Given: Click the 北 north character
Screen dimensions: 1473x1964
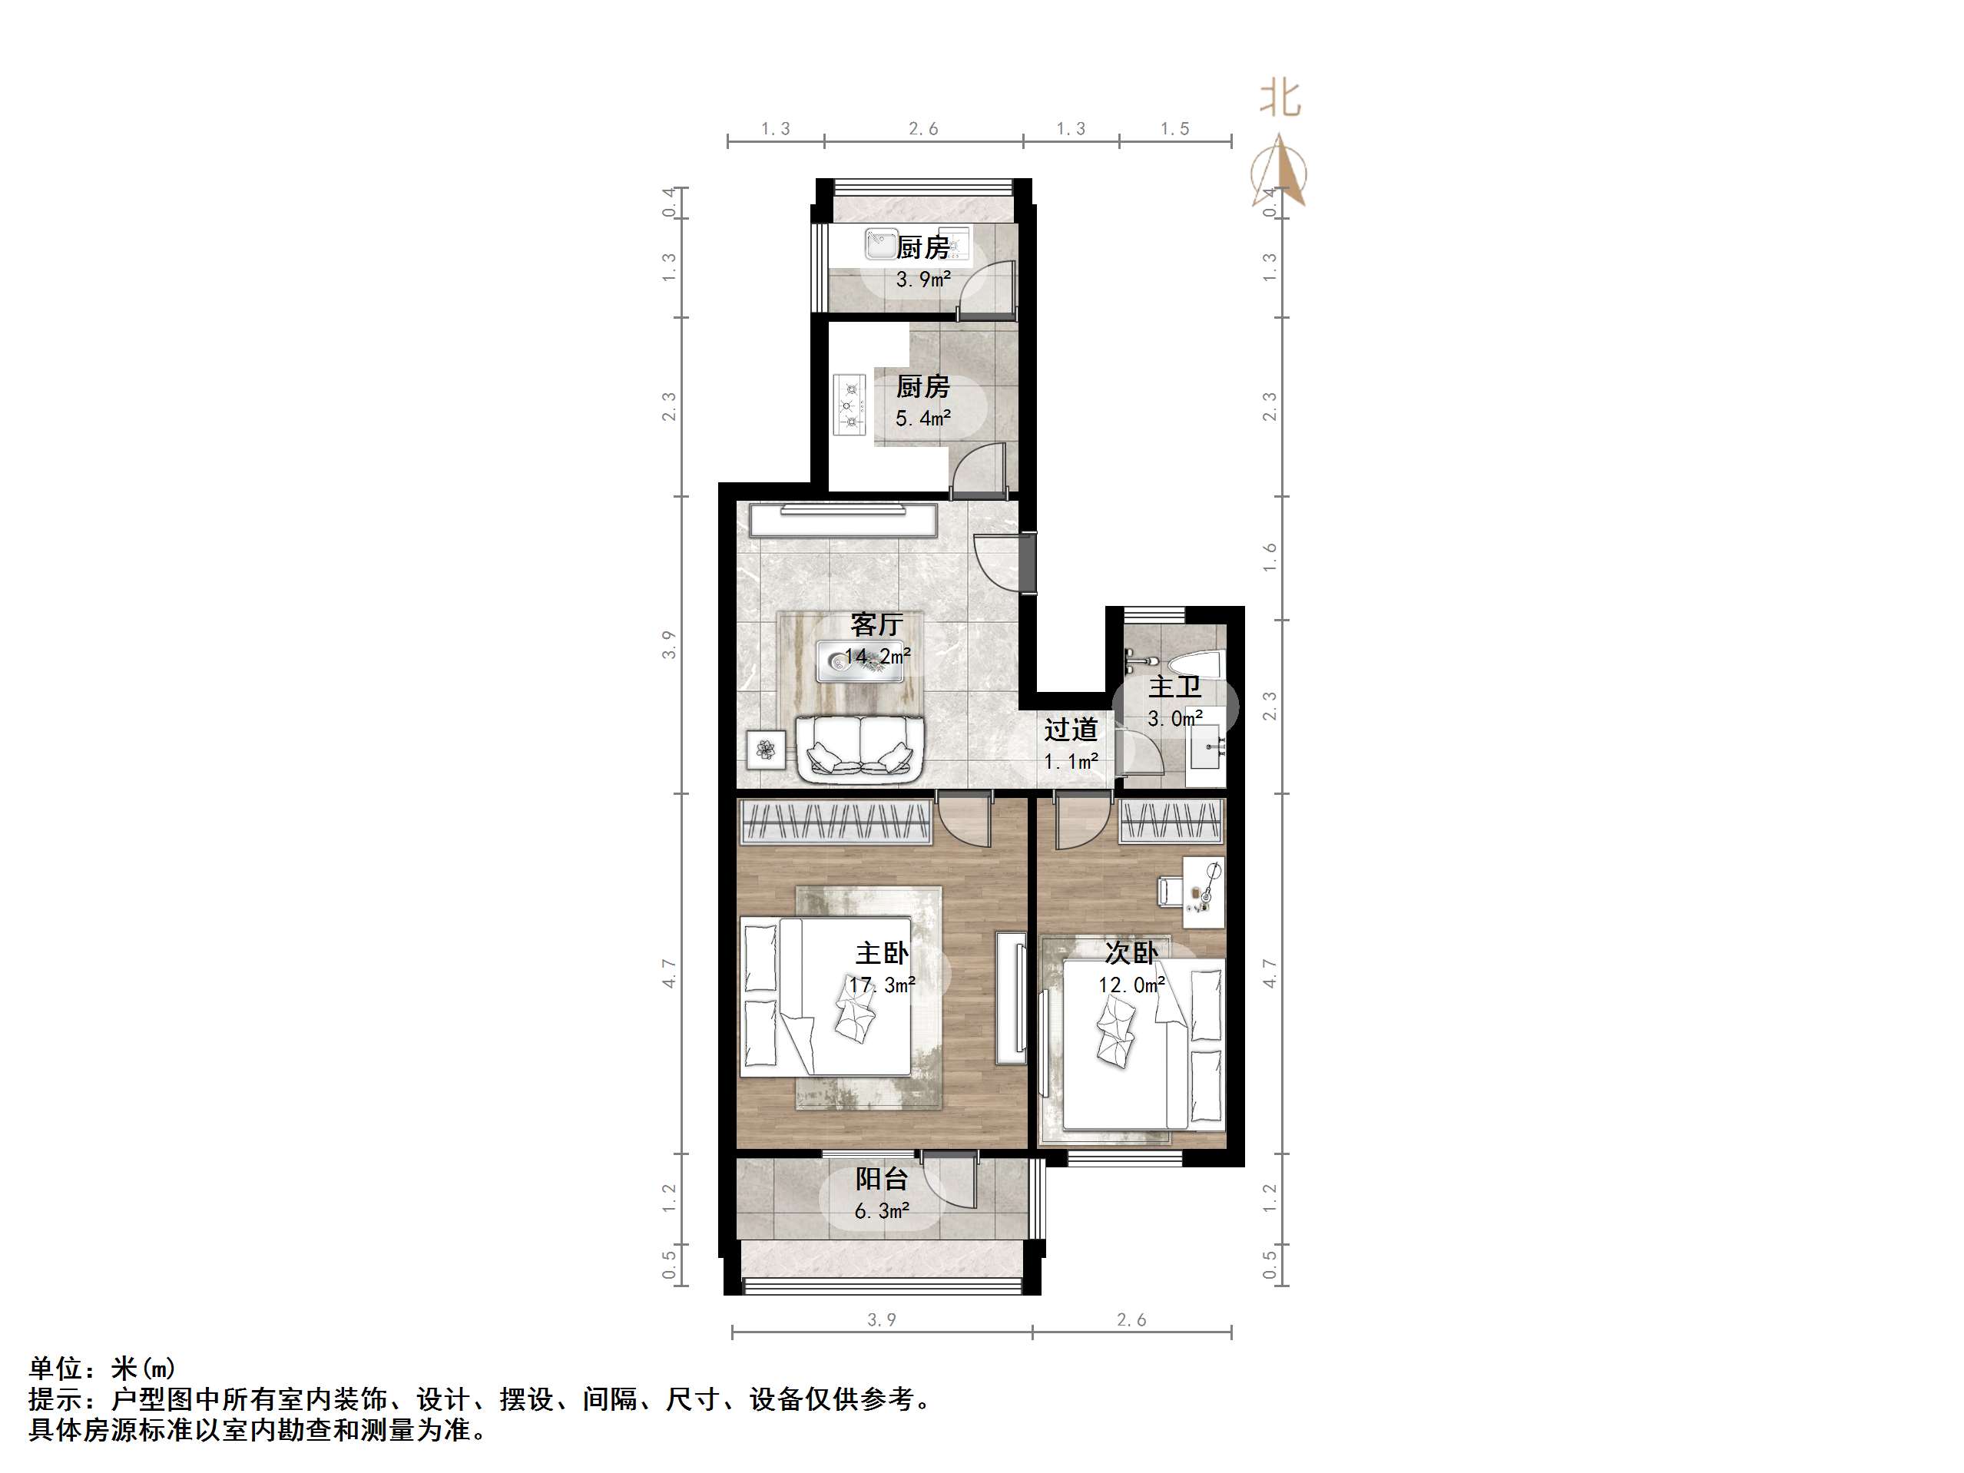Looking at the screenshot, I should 1280,98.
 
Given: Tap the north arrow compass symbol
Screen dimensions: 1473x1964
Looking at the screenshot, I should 1280,170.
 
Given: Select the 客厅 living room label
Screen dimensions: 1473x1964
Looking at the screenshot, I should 876,624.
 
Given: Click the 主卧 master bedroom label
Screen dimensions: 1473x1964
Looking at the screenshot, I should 882,953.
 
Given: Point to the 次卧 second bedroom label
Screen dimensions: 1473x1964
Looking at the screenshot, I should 1131,953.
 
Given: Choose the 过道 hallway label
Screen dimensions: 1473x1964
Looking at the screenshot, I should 1070,729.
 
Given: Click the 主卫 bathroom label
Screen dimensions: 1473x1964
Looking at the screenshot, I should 1174,687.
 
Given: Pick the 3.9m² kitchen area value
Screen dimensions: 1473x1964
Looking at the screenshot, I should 923,280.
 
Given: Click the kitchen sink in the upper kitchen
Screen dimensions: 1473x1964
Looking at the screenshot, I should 881,243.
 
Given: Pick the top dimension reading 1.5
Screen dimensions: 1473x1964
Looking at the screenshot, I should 1174,129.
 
